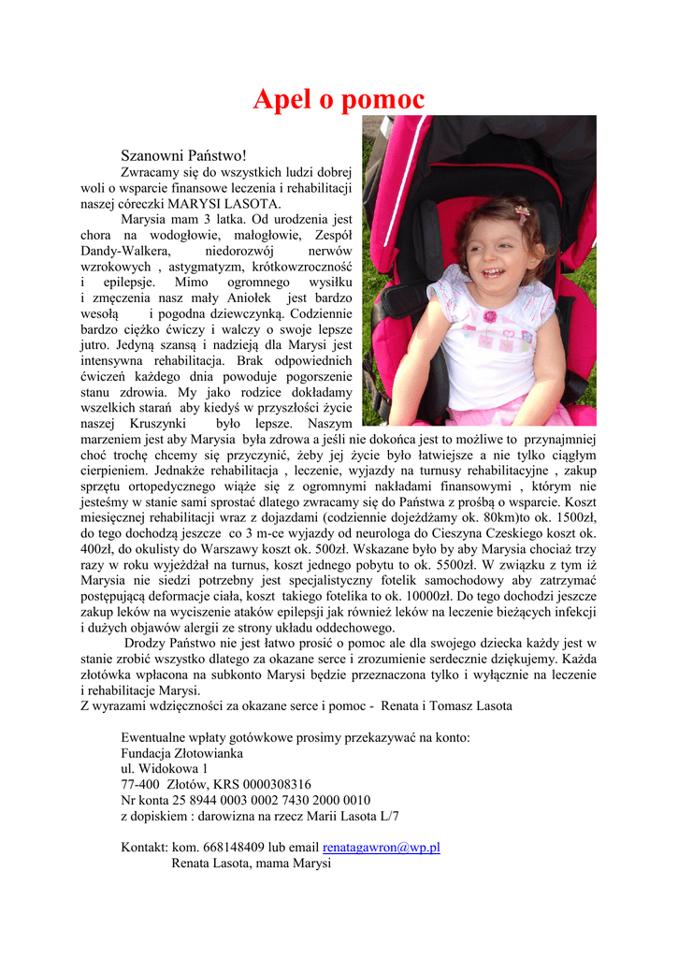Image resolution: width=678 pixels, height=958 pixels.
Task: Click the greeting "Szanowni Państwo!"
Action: tap(183, 154)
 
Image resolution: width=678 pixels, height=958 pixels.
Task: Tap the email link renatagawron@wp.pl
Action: tap(381, 848)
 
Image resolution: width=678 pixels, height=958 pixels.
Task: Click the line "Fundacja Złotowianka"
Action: tap(181, 753)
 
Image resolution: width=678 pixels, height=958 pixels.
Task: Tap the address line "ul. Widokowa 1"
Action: tap(165, 769)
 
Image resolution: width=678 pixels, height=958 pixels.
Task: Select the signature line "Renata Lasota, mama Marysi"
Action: tap(251, 864)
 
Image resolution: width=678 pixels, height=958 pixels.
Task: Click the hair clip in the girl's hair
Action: tap(522, 211)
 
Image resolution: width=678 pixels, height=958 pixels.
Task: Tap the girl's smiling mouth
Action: tap(494, 273)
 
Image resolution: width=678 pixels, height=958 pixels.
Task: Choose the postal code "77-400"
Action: tap(139, 784)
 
